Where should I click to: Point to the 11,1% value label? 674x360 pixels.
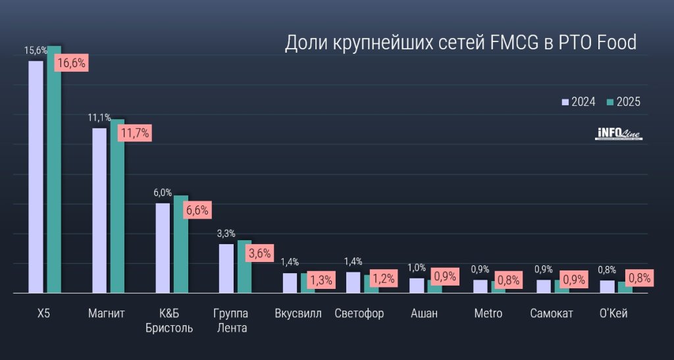tap(99, 118)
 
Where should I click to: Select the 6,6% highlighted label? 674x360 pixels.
tap(197, 211)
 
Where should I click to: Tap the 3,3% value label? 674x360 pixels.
tap(226, 234)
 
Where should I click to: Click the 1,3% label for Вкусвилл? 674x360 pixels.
tap(320, 280)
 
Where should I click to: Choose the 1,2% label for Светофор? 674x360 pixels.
tap(383, 278)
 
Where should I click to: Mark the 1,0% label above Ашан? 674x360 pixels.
tap(417, 267)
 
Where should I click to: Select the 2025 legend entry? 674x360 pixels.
tap(623, 102)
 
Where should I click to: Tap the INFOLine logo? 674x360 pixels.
tap(618, 134)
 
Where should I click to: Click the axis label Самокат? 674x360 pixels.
tap(552, 313)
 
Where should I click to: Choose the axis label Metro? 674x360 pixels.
tap(488, 313)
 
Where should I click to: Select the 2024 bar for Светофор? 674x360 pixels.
tap(353, 282)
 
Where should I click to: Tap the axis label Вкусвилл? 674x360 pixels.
tap(298, 313)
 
